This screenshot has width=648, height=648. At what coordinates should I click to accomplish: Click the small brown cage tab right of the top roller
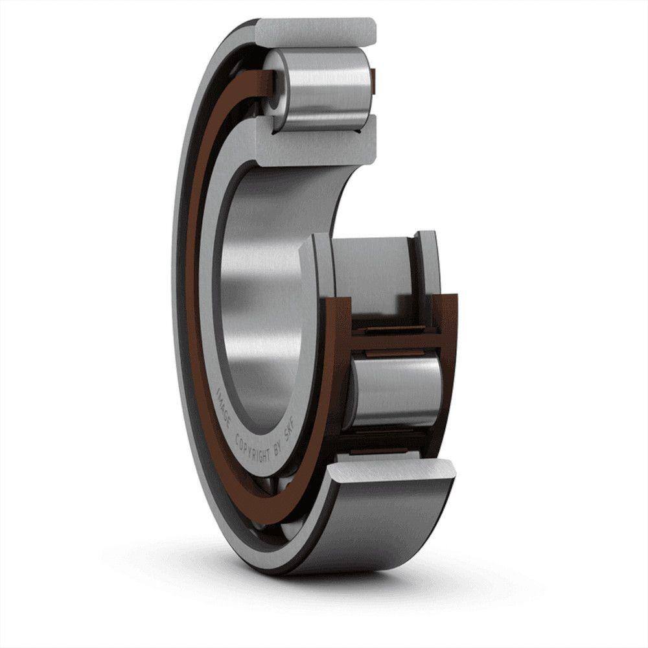(375, 78)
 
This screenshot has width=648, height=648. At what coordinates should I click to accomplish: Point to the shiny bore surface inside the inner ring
(259, 292)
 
